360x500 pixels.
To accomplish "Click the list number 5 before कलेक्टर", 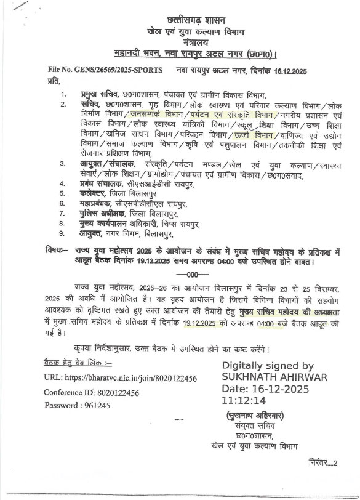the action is [x=62, y=193].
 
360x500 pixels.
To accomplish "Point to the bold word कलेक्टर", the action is [x=98, y=193].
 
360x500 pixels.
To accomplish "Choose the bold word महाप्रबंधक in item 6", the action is [x=102, y=203].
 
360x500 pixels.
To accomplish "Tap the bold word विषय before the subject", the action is [x=57, y=251].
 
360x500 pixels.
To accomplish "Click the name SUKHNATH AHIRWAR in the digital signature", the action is [x=274, y=377].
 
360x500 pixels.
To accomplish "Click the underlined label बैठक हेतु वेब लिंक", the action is [x=75, y=363].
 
